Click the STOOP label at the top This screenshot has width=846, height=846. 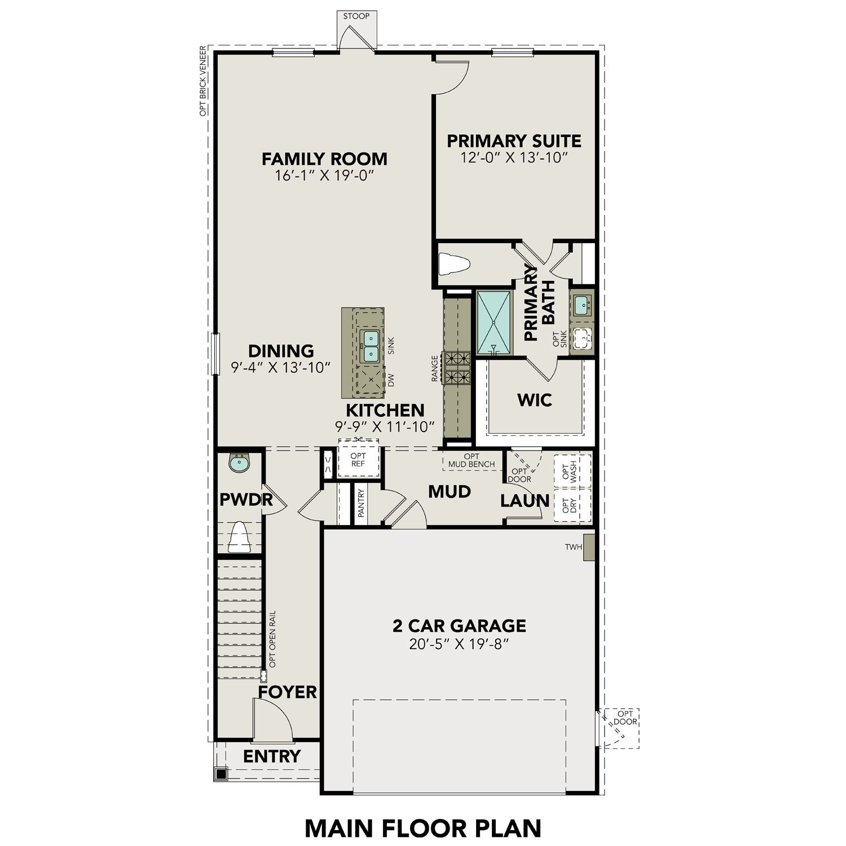click(356, 16)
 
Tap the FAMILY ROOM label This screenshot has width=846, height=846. click(324, 158)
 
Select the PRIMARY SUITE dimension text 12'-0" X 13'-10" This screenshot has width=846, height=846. click(513, 157)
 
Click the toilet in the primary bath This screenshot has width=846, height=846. click(455, 264)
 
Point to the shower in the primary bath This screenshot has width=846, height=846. click(494, 323)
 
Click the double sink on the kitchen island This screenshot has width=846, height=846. click(370, 346)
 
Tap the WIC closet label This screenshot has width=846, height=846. click(535, 400)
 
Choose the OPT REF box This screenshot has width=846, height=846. click(358, 460)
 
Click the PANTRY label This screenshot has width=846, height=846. click(362, 503)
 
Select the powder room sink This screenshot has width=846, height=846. click(240, 464)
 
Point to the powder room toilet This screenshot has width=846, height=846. click(239, 537)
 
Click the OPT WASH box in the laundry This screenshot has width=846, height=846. click(572, 471)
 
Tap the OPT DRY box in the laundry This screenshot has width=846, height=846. click(572, 506)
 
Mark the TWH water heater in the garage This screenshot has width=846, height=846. click(589, 547)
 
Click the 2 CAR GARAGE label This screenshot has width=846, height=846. click(459, 625)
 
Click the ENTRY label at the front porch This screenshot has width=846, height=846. click(272, 756)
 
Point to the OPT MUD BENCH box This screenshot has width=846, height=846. click(472, 460)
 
